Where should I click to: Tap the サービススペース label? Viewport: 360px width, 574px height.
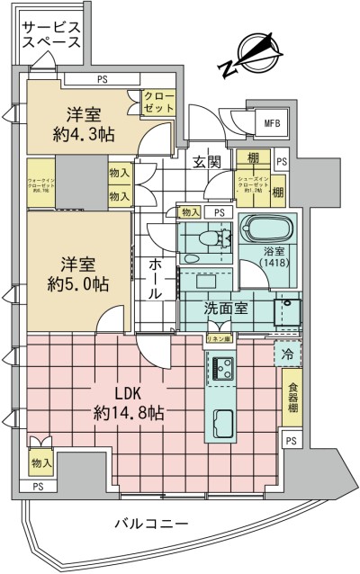51,34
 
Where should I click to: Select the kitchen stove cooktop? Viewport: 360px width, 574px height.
221,367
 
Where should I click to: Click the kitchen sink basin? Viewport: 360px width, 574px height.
221,421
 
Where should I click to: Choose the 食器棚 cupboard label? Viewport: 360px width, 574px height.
294,398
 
